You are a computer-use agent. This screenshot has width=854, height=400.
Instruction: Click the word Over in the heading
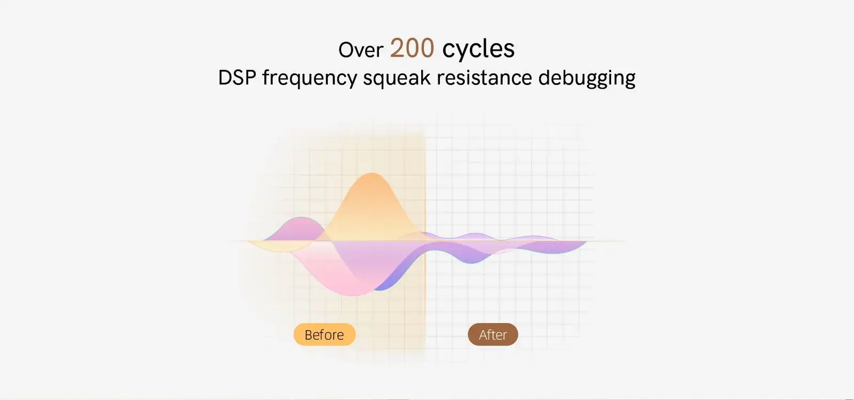pos(361,50)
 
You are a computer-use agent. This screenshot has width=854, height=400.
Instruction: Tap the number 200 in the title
pos(412,49)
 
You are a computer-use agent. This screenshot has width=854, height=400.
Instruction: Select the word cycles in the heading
pos(478,49)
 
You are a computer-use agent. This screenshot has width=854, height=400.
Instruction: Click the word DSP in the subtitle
pos(237,77)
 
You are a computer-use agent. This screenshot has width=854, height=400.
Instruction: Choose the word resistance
pos(484,77)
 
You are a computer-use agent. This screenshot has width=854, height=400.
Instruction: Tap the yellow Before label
pos(325,334)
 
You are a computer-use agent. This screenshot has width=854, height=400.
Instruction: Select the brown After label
pos(493,334)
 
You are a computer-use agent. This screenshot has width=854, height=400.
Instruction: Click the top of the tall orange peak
pos(371,174)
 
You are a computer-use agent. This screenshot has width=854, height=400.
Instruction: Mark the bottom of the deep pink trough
pos(353,295)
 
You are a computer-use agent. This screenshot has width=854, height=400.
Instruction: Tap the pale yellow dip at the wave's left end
pos(280,247)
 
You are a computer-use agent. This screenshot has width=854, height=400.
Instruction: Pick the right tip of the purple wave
pos(586,242)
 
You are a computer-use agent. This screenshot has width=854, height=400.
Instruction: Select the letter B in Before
pos(309,335)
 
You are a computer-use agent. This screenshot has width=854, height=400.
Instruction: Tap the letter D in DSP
pos(225,77)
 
